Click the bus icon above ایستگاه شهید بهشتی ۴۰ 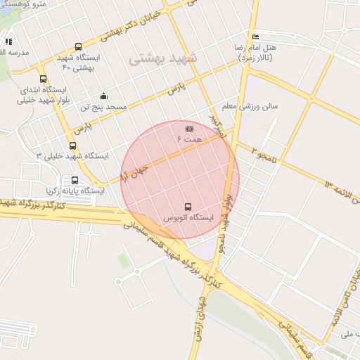78,46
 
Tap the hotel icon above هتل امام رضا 255,37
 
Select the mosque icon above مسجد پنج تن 104,96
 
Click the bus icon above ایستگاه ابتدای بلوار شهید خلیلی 44,79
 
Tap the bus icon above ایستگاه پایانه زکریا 75,180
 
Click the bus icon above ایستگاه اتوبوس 188,207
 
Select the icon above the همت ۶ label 189,129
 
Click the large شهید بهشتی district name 164,58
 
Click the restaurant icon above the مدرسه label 7,41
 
